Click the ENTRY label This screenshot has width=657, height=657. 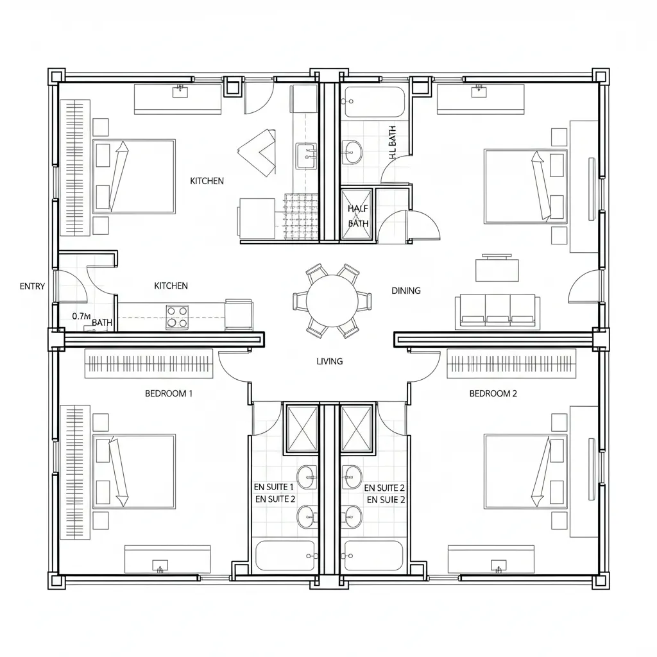[32, 286]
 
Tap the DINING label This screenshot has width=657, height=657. [405, 291]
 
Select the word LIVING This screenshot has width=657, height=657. [330, 361]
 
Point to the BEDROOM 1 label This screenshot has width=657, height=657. [168, 393]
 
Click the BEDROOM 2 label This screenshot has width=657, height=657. [493, 393]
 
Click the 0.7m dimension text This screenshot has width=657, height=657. [81, 316]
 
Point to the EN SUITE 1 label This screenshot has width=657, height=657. [275, 488]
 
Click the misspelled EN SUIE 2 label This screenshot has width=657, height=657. [386, 499]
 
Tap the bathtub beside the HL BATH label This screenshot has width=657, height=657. [373, 103]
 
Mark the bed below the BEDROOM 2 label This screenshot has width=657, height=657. [525, 472]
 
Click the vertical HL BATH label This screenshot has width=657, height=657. [392, 142]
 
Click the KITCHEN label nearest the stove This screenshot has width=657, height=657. [171, 286]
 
